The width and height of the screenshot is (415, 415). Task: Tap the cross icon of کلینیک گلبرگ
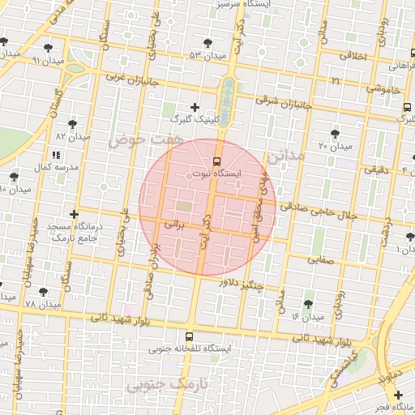195,107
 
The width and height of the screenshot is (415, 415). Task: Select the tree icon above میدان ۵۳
207,42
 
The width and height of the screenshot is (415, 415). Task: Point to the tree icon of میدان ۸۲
72,124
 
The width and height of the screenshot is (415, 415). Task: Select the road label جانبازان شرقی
284,100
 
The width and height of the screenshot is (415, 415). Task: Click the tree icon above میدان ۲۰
335,133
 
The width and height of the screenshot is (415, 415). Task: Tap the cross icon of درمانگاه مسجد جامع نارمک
74,215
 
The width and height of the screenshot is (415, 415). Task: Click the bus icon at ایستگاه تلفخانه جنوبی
189,336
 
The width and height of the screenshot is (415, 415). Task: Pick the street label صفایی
321,260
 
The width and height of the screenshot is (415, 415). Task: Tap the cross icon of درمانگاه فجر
398,394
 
